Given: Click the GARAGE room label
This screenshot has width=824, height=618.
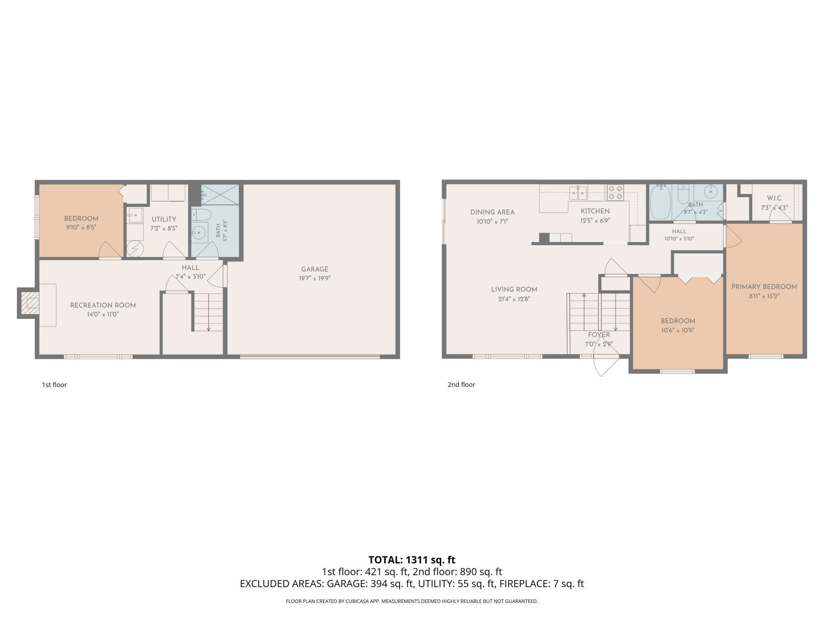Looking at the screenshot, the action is click(315, 269).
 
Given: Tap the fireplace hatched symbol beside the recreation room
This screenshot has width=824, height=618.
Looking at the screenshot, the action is click(31, 303).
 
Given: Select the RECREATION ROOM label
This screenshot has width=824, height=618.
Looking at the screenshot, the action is click(103, 305).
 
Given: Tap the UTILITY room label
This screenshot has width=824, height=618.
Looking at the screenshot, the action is click(164, 219).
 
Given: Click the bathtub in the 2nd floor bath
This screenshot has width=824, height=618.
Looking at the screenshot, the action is click(660, 202).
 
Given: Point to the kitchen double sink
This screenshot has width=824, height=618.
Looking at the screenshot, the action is click(578, 193).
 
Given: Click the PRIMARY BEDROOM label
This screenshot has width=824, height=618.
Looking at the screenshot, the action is click(764, 287).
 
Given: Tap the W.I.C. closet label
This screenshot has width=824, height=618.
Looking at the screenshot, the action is click(774, 198).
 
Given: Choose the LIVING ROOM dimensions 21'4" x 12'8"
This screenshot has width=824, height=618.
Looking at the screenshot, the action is click(514, 299).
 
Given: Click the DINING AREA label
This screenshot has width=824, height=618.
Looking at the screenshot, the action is click(492, 212).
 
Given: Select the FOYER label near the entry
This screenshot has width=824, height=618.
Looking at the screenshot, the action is click(599, 335).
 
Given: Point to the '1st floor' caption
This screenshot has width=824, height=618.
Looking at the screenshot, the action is click(55, 385).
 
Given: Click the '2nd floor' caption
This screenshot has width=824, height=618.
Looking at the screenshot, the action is click(462, 385).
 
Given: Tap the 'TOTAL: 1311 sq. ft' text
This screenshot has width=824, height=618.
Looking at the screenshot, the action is click(412, 560).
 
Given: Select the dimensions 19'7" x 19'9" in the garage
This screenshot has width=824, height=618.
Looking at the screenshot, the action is click(315, 278).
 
